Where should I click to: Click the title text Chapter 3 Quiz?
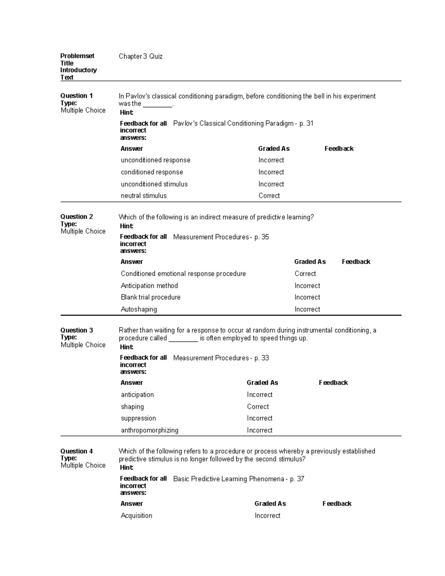pyautogui.click(x=141, y=56)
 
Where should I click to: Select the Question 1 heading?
pyautogui.click(x=76, y=96)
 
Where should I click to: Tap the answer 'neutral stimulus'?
pyautogui.click(x=144, y=196)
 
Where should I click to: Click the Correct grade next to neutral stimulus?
pyautogui.click(x=269, y=196)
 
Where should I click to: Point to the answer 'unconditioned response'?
pyautogui.click(x=155, y=160)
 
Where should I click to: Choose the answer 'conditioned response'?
pyautogui.click(x=152, y=172)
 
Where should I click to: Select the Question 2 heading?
pyautogui.click(x=76, y=217)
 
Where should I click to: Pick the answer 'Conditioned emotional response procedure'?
pyautogui.click(x=183, y=274)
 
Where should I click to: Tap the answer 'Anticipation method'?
pyautogui.click(x=149, y=286)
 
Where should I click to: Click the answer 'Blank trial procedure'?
pyautogui.click(x=151, y=297)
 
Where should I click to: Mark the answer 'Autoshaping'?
pyautogui.click(x=139, y=309)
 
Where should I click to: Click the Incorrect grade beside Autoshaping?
pyautogui.click(x=307, y=309)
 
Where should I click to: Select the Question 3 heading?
pyautogui.click(x=76, y=330)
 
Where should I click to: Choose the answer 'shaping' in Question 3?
pyautogui.click(x=132, y=407)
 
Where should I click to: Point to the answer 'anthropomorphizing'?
pyautogui.click(x=149, y=430)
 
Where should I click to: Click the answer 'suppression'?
pyautogui.click(x=138, y=418)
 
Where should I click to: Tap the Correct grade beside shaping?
pyautogui.click(x=258, y=407)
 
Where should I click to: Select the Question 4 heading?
pyautogui.click(x=76, y=451)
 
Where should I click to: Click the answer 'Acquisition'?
pyautogui.click(x=136, y=516)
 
